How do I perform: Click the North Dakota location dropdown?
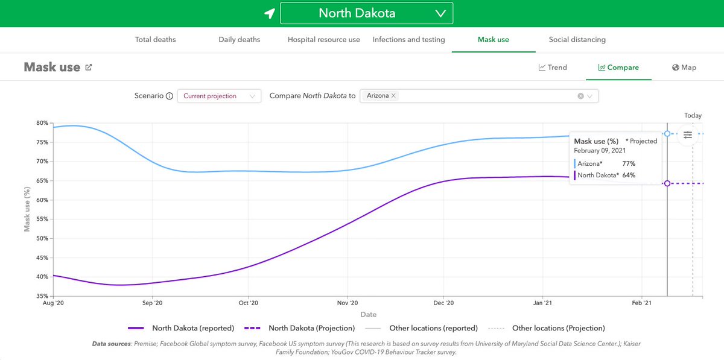point(366,13)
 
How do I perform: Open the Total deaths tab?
point(155,40)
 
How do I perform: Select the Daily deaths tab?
point(239,40)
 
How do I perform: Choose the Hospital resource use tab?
point(323,40)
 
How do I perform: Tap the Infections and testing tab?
point(408,40)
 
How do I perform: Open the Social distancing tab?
point(577,40)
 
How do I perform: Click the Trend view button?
point(553,68)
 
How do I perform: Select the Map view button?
point(684,68)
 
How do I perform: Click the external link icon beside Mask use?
point(89,68)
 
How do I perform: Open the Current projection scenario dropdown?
point(219,96)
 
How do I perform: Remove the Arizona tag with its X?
point(393,96)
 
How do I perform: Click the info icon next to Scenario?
point(170,96)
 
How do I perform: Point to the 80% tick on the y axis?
point(42,123)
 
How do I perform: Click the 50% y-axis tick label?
point(42,239)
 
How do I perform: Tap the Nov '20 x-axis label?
point(348,303)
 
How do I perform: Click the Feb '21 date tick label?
point(641,303)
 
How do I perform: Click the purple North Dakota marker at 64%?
point(667,183)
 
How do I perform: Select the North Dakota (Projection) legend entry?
point(299,329)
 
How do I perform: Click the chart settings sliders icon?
point(688,135)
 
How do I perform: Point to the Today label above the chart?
point(693,115)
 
